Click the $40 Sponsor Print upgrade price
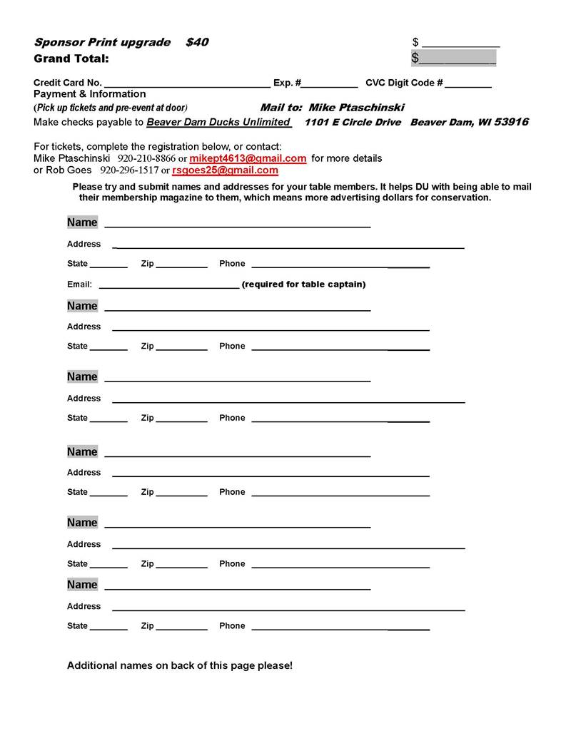point(197,42)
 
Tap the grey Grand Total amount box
point(453,58)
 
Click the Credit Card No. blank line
point(187,83)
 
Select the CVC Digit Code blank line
point(468,83)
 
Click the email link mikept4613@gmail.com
point(248,158)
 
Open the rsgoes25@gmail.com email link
point(225,170)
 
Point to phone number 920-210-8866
point(146,158)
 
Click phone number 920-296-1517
point(129,170)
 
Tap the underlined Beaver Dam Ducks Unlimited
point(218,122)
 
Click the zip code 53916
point(511,122)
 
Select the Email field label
point(79,285)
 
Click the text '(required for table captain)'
point(303,285)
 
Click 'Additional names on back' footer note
point(179,665)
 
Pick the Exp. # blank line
point(330,83)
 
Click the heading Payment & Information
point(89,94)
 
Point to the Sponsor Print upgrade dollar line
point(460,43)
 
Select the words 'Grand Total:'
point(71,58)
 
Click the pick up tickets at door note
point(111,108)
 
